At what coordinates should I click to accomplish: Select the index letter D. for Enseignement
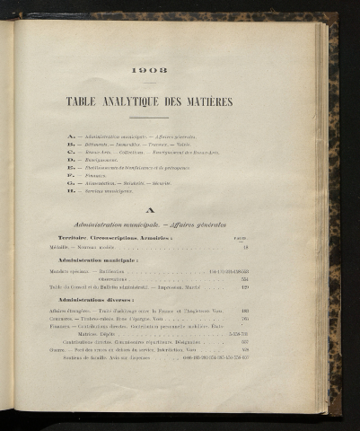(x=70, y=159)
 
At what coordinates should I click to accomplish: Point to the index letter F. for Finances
(x=70, y=175)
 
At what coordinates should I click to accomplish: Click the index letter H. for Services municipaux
(x=70, y=191)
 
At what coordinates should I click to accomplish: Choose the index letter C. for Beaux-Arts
(x=70, y=151)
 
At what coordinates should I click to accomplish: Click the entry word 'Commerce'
(x=63, y=318)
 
